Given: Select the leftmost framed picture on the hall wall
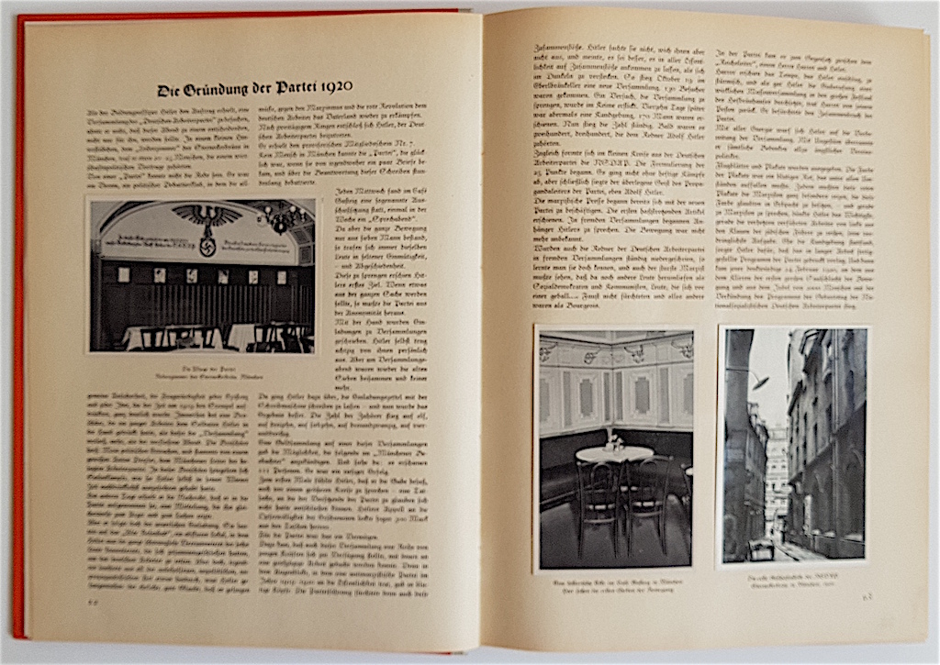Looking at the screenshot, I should pyautogui.click(x=123, y=274).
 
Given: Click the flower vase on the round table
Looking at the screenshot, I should pyautogui.click(x=612, y=443).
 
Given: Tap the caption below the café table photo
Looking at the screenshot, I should pyautogui.click(x=613, y=584).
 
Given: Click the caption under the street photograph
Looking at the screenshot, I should pyautogui.click(x=794, y=578).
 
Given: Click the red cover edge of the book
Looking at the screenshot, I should pyautogui.click(x=18, y=367).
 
